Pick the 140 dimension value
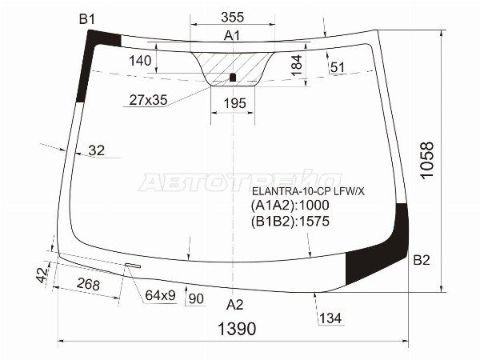[139, 61]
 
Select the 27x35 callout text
[150, 100]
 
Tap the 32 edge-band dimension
[96, 150]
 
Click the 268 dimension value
[90, 284]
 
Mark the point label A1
[232, 35]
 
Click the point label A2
[234, 304]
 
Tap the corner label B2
[422, 260]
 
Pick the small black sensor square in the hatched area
[233, 78]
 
